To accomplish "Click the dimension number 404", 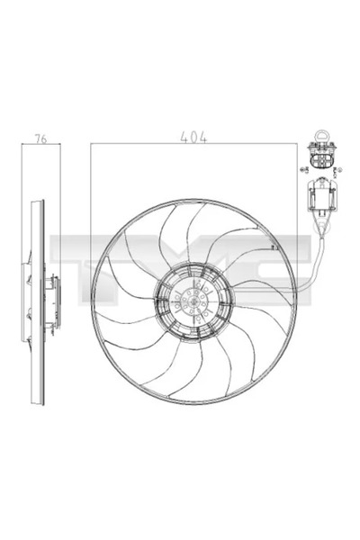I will (193, 139).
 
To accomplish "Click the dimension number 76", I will (40, 139).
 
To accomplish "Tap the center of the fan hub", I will (192, 301).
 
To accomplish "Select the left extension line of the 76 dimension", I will (22, 180).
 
